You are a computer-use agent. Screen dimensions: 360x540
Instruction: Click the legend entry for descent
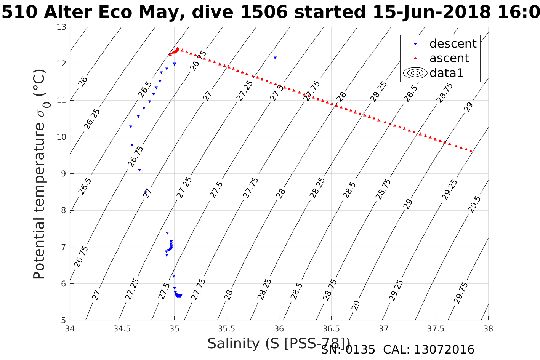[x=453, y=44]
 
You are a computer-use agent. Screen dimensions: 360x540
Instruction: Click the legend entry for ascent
[x=449, y=58]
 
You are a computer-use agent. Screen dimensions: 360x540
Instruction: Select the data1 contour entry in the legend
[x=446, y=73]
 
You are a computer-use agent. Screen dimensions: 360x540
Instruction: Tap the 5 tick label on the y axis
[x=64, y=320]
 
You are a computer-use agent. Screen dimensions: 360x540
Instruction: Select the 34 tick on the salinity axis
[x=70, y=328]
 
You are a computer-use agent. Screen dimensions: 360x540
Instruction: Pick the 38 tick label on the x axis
[x=488, y=328]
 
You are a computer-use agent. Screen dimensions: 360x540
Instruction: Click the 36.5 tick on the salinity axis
[x=331, y=328]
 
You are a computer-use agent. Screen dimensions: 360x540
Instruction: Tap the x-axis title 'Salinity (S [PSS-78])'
[x=279, y=344]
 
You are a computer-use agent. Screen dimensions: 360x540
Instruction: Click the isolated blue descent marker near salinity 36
[x=275, y=58]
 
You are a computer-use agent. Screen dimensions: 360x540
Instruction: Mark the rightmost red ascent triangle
[x=471, y=151]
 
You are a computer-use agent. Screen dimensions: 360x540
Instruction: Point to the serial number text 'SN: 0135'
[x=348, y=350]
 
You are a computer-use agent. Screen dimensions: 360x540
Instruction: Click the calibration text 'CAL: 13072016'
[x=428, y=350]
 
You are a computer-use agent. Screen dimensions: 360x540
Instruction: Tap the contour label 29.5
[x=474, y=204]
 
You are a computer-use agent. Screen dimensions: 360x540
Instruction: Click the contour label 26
[x=83, y=81]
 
